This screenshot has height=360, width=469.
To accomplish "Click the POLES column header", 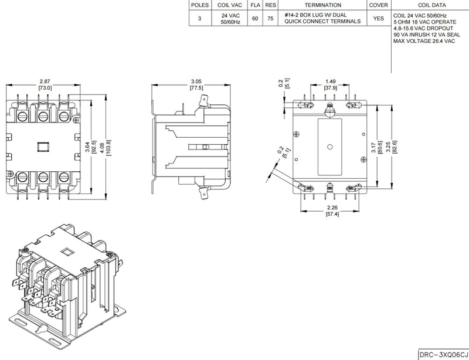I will (x=199, y=5).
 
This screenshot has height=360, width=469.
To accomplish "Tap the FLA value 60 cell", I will (x=255, y=18).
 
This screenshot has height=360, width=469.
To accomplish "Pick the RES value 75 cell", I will (x=270, y=18).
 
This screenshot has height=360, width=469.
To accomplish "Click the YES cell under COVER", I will (x=379, y=18).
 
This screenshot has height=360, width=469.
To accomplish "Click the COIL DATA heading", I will (x=429, y=5).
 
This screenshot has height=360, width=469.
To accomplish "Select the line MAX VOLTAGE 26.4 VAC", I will (x=424, y=41).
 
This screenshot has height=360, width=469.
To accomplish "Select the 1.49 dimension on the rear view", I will (x=331, y=81).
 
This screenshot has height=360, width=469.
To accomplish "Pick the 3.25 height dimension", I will (x=393, y=142).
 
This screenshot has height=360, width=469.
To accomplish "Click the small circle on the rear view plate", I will (x=330, y=147).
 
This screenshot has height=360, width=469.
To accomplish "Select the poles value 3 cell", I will (x=199, y=18).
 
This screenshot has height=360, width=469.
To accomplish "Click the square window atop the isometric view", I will (x=66, y=253).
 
